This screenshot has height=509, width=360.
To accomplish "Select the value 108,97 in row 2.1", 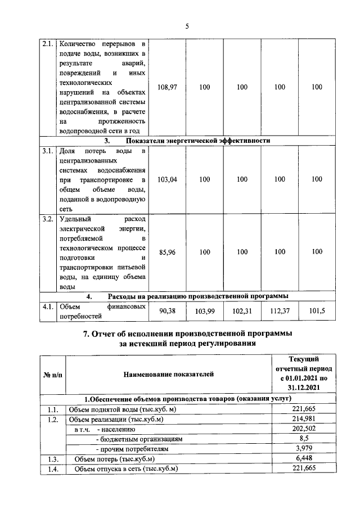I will point(168,87).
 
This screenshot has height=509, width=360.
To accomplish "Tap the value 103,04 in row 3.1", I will point(168,179).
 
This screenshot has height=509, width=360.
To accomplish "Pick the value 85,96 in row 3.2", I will point(168,253).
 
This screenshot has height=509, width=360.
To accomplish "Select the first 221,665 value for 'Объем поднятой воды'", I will point(304,409).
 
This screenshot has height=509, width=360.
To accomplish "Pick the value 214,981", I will point(304,419).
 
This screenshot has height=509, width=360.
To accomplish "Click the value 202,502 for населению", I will point(304,429).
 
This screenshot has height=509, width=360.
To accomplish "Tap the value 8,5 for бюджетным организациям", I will point(304,439).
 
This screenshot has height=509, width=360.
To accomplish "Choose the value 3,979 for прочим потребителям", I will point(304,449).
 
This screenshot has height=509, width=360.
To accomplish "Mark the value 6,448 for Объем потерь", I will point(304,460).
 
